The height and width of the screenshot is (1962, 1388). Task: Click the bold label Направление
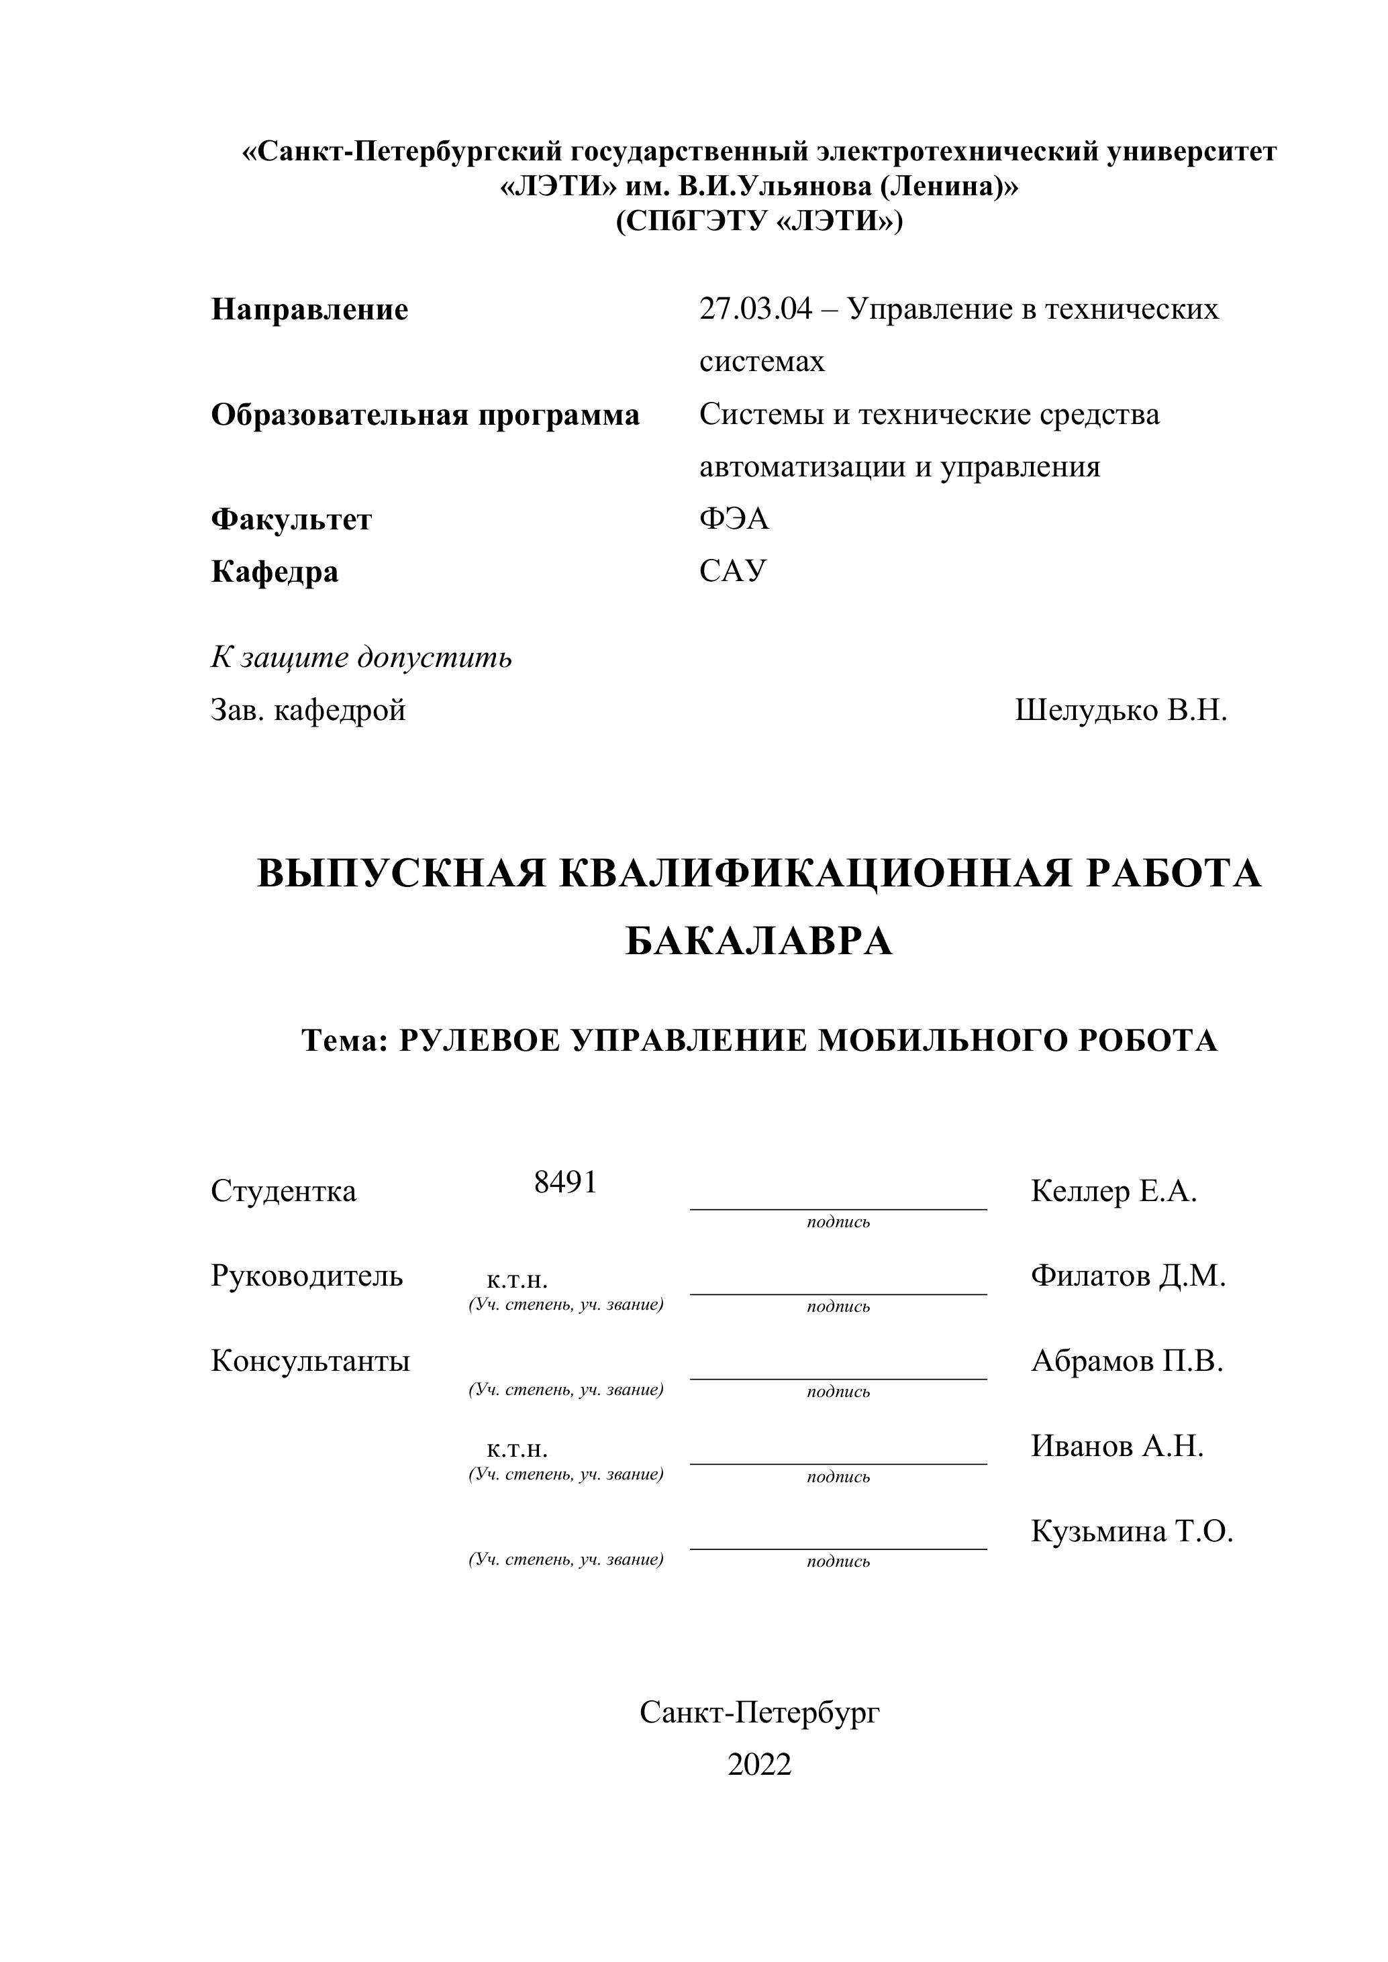pyautogui.click(x=309, y=309)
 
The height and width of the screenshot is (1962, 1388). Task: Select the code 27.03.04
pyautogui.click(x=754, y=309)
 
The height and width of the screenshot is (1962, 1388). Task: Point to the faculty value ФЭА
pyautogui.click(x=734, y=519)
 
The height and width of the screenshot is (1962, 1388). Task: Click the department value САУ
pyautogui.click(x=732, y=571)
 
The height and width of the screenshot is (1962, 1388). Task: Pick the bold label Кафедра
pyautogui.click(x=275, y=572)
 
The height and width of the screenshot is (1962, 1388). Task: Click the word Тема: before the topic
pyautogui.click(x=345, y=1041)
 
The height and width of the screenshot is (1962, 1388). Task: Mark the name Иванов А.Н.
pyautogui.click(x=1117, y=1446)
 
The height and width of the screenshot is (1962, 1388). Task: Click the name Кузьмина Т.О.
pyautogui.click(x=1132, y=1531)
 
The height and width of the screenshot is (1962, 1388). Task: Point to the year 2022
pyautogui.click(x=759, y=1764)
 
